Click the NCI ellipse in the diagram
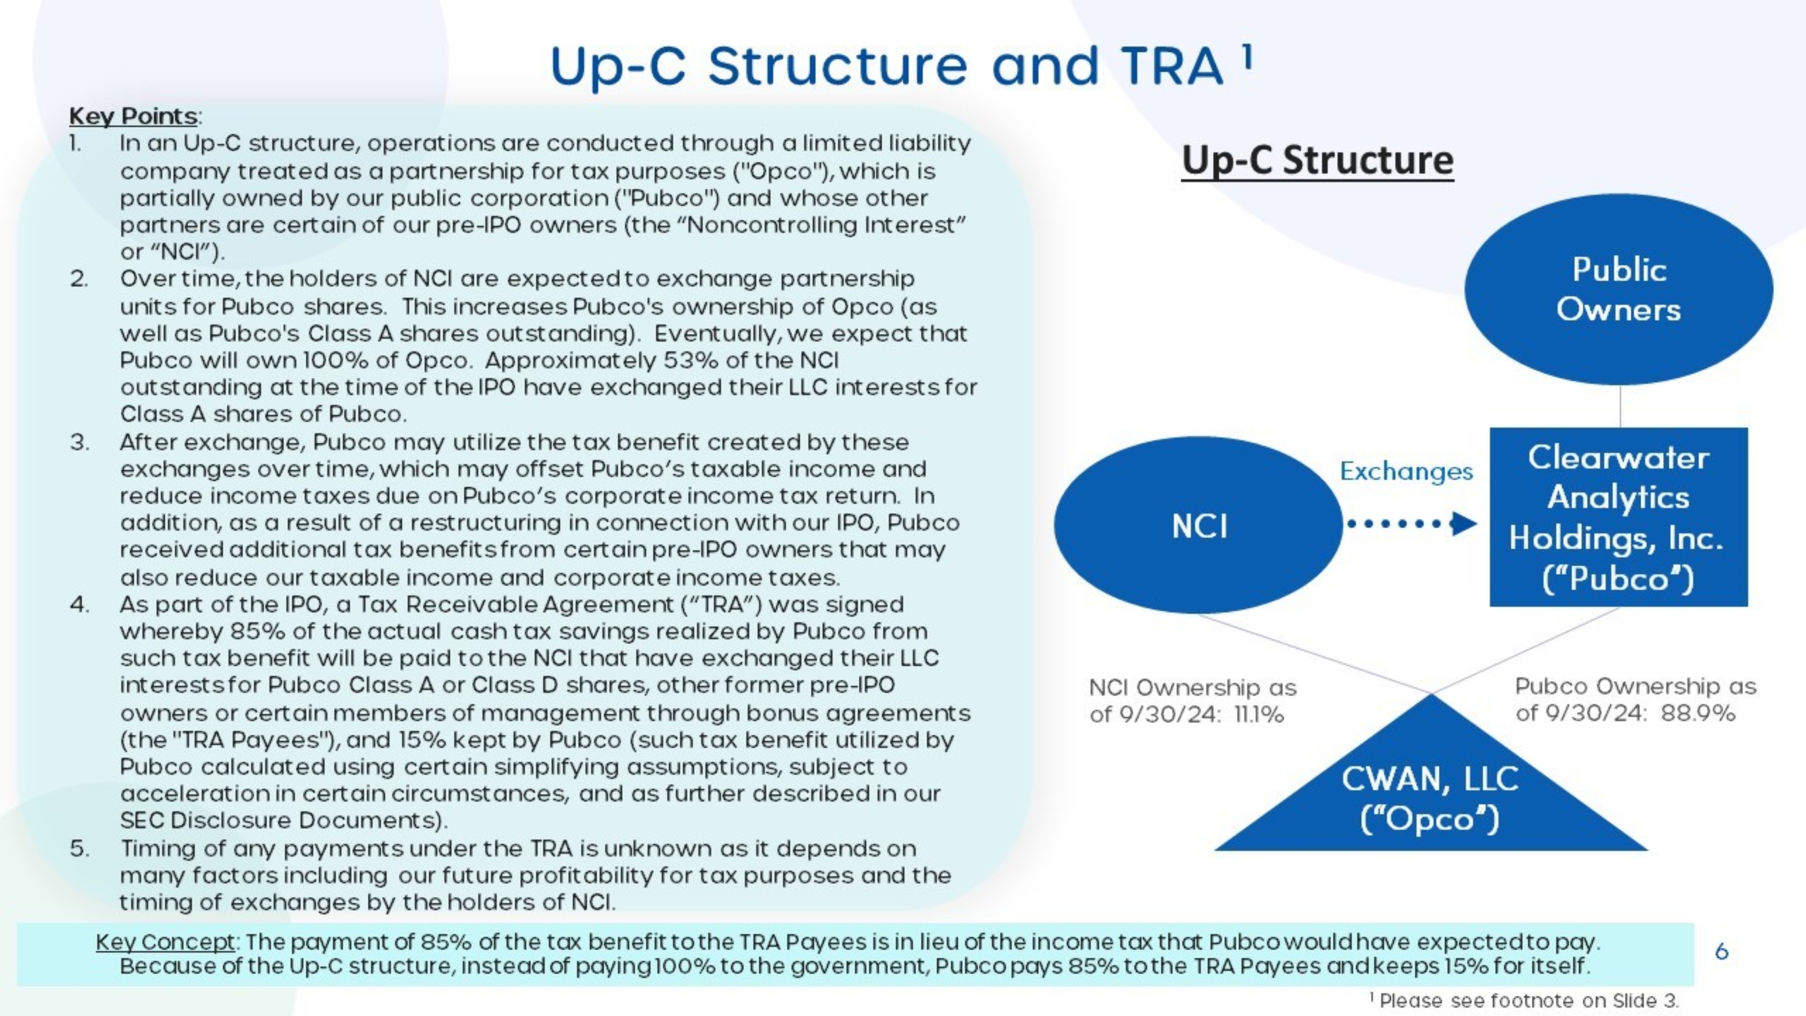[1199, 525]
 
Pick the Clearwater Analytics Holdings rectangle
[1619, 517]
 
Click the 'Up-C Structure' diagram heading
[1317, 160]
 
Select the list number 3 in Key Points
[79, 443]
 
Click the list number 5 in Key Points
[79, 848]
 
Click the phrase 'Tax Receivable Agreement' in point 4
[538, 604]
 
